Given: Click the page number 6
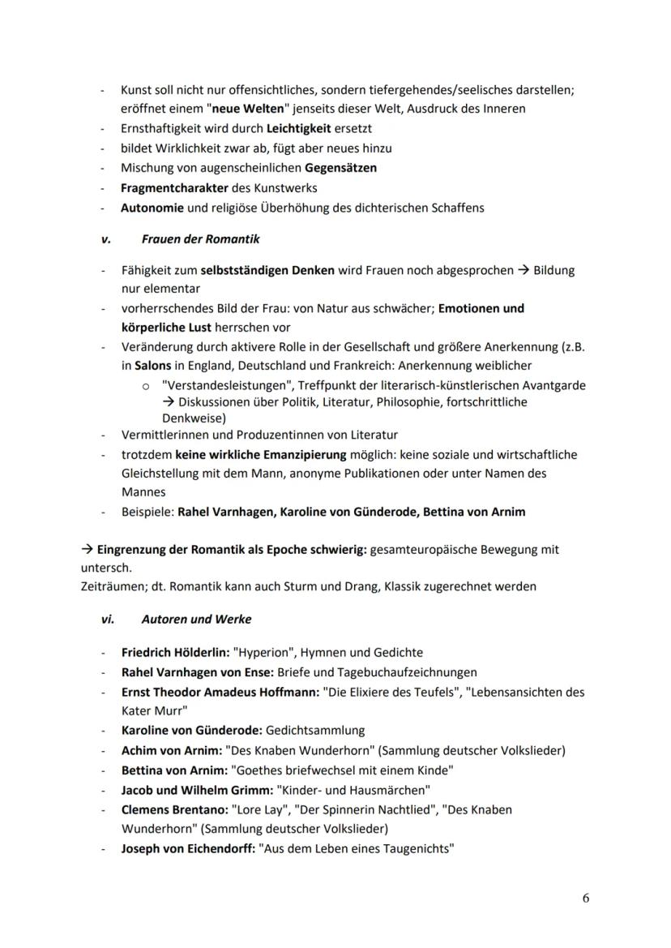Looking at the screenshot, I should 586,898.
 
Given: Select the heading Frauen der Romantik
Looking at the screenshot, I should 200,240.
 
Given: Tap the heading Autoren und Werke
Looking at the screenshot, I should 196,619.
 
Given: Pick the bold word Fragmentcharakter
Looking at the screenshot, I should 171,187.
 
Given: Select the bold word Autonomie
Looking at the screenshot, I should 152,208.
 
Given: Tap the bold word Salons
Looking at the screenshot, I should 153,366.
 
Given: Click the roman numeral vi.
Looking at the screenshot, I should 107,619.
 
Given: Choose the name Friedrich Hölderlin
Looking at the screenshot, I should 173,652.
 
